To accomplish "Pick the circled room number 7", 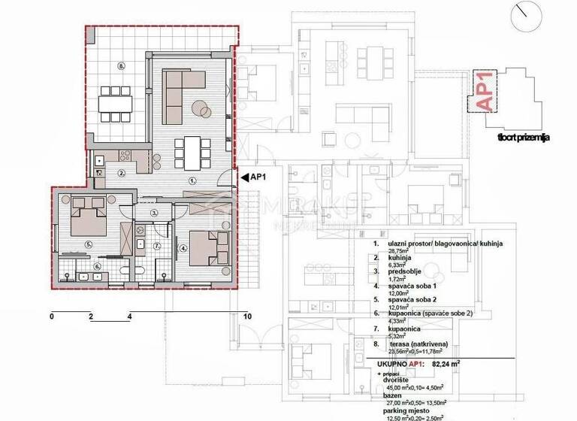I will (157, 245).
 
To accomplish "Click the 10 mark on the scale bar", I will (247, 317).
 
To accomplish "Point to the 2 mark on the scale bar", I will (90, 317).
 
